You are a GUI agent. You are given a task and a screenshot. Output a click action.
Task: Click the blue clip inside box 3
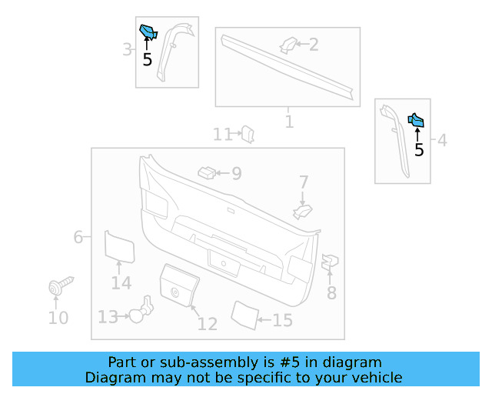[x=148, y=32]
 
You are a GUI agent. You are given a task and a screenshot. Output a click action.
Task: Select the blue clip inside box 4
[x=416, y=120]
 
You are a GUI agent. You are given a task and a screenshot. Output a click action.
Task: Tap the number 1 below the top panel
[x=289, y=122]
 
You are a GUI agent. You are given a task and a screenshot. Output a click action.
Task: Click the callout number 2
[x=314, y=45]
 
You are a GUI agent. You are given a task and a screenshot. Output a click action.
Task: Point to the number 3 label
[x=127, y=51]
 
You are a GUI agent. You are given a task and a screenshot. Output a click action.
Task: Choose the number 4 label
[x=442, y=140]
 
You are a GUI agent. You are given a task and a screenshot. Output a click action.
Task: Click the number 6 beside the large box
[x=78, y=237]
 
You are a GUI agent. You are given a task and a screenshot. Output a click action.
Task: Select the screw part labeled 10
[x=59, y=287]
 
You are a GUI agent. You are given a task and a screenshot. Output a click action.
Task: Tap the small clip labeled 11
[x=248, y=134]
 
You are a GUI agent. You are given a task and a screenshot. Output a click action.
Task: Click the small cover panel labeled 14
[x=119, y=246]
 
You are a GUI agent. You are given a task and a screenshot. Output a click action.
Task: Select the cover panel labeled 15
[x=244, y=315]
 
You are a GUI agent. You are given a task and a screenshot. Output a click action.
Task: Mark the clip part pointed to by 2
[x=288, y=45]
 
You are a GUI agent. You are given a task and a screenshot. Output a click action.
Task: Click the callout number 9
[x=237, y=174]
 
